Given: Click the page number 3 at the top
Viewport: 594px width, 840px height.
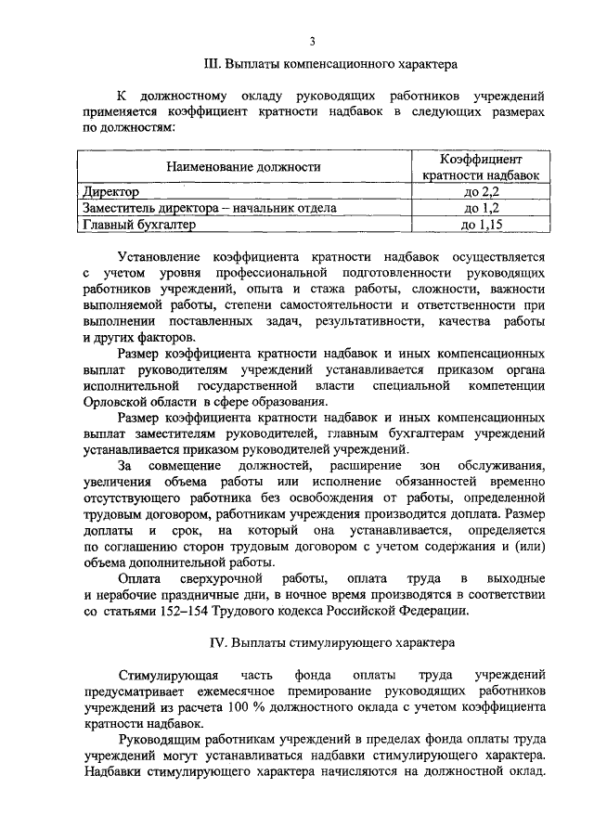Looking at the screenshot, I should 313,41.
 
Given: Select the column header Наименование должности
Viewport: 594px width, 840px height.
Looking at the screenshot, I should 243,167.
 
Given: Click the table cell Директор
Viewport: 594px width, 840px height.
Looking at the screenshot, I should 111,192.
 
